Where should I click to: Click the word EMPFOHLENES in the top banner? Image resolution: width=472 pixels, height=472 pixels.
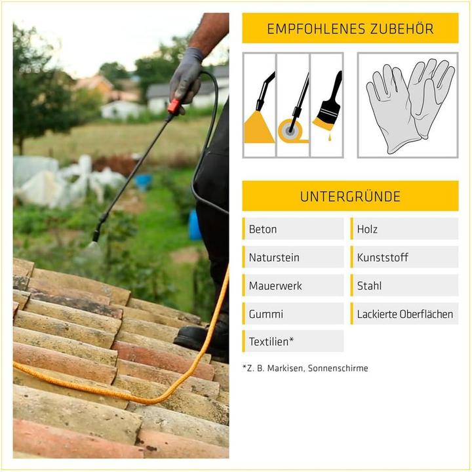tap(316, 29)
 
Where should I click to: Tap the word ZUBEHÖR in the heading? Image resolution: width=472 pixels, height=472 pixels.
tap(402, 28)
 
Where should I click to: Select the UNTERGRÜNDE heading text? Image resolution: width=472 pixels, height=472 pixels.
tap(350, 196)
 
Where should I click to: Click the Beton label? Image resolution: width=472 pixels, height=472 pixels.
tap(262, 229)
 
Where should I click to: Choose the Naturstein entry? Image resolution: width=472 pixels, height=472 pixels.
tap(274, 258)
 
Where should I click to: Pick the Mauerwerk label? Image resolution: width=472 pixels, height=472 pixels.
tap(275, 286)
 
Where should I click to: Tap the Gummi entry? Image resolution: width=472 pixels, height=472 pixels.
tap(265, 314)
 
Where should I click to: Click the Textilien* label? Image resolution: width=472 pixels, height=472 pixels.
tap(271, 342)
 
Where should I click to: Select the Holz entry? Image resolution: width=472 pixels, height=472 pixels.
tap(367, 229)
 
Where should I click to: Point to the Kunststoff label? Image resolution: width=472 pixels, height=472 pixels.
tap(382, 258)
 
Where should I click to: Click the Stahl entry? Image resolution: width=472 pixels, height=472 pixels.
tap(369, 286)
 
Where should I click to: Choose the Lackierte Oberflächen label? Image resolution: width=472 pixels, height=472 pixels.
tap(405, 314)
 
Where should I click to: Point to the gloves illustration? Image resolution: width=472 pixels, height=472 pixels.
tap(410, 106)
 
